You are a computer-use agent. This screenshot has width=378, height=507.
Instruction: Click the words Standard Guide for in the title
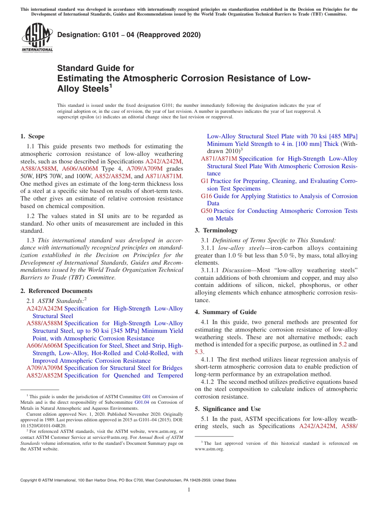coord(95,68)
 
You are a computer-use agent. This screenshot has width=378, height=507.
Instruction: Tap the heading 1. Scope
coord(33,136)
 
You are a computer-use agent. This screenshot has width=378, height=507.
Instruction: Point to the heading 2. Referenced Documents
coord(57,291)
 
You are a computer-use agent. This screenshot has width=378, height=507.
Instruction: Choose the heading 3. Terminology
coord(216,230)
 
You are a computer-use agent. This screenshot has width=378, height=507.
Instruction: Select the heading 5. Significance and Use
coord(228,409)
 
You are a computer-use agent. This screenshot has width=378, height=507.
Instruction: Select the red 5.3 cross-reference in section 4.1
coord(199,352)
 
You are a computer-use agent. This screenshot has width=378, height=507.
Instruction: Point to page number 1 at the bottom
coord(189,490)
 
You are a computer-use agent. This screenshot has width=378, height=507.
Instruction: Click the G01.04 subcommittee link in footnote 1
coord(142,403)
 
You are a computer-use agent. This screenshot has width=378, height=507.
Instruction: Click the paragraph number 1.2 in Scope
coord(31,216)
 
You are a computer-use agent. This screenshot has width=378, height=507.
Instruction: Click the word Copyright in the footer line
coord(29,480)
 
